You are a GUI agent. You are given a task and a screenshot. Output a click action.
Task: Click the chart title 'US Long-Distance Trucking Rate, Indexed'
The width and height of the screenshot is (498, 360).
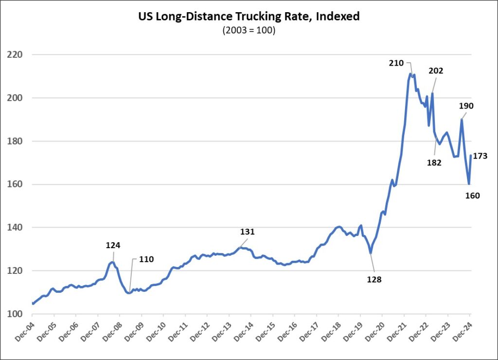(x=249, y=17)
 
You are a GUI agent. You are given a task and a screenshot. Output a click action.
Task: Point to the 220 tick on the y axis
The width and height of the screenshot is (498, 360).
(x=17, y=55)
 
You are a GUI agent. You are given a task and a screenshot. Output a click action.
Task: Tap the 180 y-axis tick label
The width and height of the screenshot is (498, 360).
(x=17, y=142)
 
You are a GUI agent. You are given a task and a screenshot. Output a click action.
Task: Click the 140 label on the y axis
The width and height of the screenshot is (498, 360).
(x=17, y=228)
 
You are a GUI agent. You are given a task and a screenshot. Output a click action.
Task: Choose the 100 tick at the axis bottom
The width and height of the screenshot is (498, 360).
(x=17, y=314)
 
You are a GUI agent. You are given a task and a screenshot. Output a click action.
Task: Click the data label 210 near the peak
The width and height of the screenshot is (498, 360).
(x=396, y=63)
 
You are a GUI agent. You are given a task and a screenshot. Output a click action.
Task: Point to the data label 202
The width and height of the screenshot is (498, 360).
(x=436, y=71)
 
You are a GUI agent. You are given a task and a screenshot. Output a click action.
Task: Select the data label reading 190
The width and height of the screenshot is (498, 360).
(x=466, y=106)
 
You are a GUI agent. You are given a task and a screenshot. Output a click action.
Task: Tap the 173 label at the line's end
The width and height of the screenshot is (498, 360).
(x=480, y=156)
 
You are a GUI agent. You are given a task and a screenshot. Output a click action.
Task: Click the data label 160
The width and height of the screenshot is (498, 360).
(x=472, y=196)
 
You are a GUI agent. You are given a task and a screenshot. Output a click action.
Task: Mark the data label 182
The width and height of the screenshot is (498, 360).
(x=434, y=162)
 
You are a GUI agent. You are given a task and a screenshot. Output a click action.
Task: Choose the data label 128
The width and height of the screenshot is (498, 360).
(x=374, y=279)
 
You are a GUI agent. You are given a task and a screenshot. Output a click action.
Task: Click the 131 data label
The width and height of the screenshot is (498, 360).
(x=248, y=232)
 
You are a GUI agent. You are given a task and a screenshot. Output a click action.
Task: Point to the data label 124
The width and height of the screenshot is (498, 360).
(x=113, y=245)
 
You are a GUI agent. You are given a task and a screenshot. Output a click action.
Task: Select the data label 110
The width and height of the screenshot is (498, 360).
(x=146, y=259)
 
